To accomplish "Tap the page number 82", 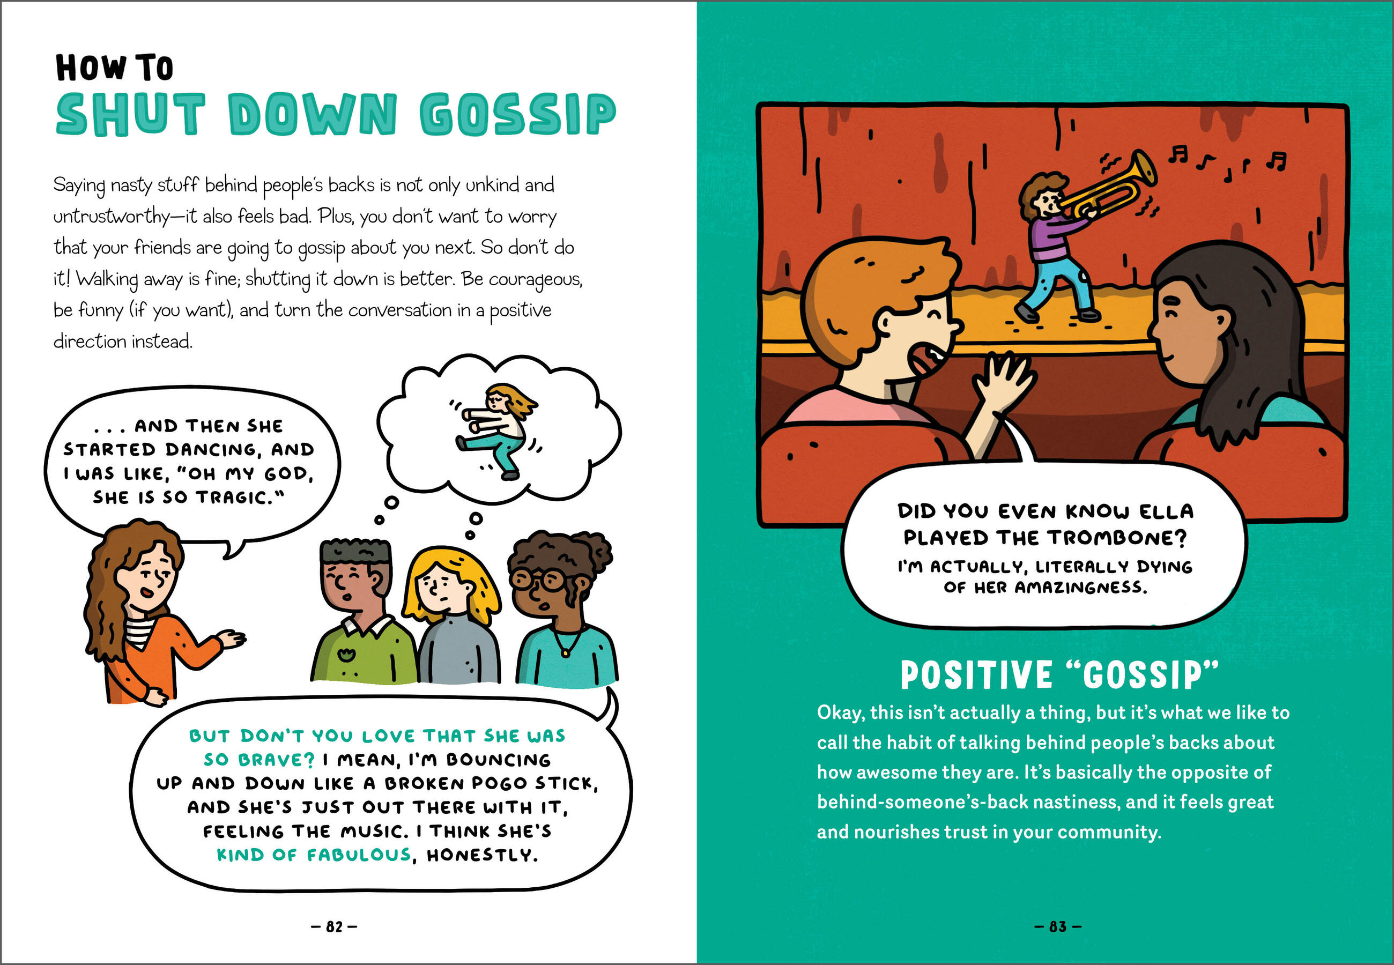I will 335,926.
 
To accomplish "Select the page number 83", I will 1057,926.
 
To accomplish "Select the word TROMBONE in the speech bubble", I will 1117,538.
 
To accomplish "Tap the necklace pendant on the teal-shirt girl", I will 565,653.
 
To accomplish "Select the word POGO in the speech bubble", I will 499,783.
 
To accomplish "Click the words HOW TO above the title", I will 114,67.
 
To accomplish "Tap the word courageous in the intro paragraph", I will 535,279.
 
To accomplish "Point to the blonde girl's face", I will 438,586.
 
